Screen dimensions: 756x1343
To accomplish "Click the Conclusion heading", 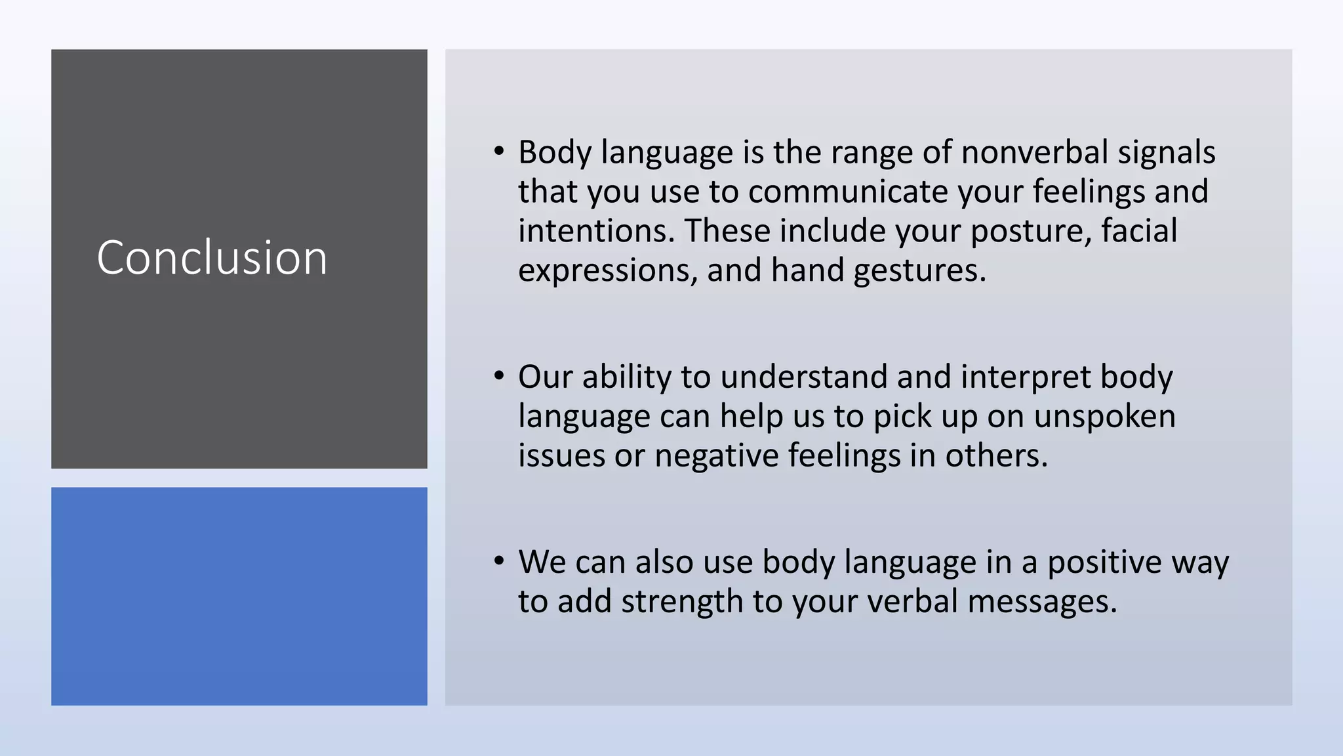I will coord(212,257).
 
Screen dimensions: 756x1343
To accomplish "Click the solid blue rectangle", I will coord(239,596).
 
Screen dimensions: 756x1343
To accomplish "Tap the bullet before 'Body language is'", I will coord(499,152).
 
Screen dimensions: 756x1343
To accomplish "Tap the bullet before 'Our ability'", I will coord(499,376).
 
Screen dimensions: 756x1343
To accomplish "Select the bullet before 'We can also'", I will coord(499,561).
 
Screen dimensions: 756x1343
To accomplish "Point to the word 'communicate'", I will coord(848,192).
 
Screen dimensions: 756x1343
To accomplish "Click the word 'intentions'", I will coord(595,231).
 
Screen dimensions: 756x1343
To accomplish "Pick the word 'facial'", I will coord(1139,231).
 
